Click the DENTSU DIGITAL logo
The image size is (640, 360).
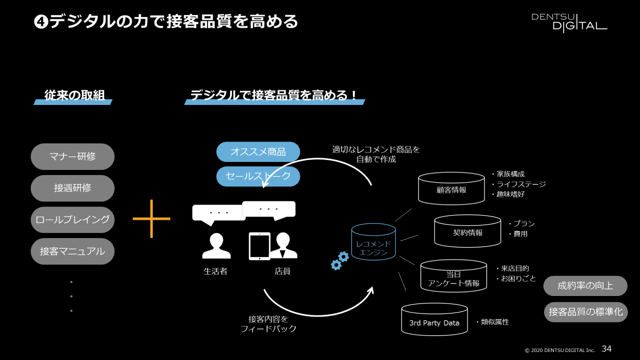(x=569, y=22)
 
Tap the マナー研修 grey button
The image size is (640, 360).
(x=72, y=156)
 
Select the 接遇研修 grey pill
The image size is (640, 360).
(x=72, y=188)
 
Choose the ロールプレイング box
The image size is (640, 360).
(x=72, y=219)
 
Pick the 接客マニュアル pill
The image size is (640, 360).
(x=72, y=251)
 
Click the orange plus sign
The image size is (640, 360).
(x=151, y=219)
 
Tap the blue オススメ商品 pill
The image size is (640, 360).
(x=258, y=151)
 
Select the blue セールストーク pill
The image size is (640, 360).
(x=258, y=176)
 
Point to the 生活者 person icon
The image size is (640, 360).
(x=216, y=245)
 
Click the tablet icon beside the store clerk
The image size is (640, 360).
(x=259, y=246)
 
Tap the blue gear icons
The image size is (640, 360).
(x=339, y=261)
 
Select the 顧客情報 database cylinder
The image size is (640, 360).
(x=451, y=189)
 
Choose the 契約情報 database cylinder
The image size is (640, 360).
(x=467, y=231)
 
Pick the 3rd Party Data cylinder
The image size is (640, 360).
(x=434, y=319)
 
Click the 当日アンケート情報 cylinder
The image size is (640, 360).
(x=453, y=276)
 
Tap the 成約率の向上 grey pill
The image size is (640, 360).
(x=585, y=286)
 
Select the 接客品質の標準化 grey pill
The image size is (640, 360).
(x=585, y=312)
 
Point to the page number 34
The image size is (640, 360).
(x=606, y=348)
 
